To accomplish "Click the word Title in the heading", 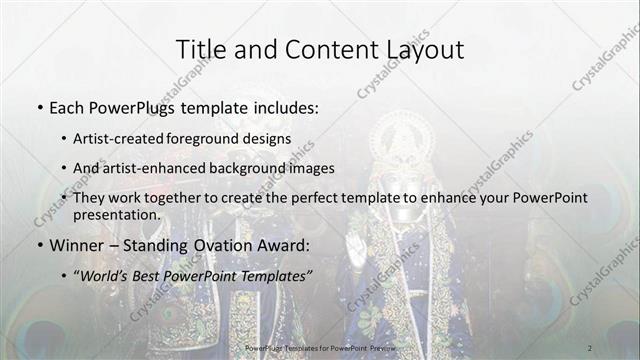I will pos(200,49).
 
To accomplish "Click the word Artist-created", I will pos(124,139).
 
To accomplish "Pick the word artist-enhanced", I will pos(158,168).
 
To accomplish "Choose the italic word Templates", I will pos(273,273).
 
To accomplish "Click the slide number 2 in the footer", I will pos(590,347).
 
